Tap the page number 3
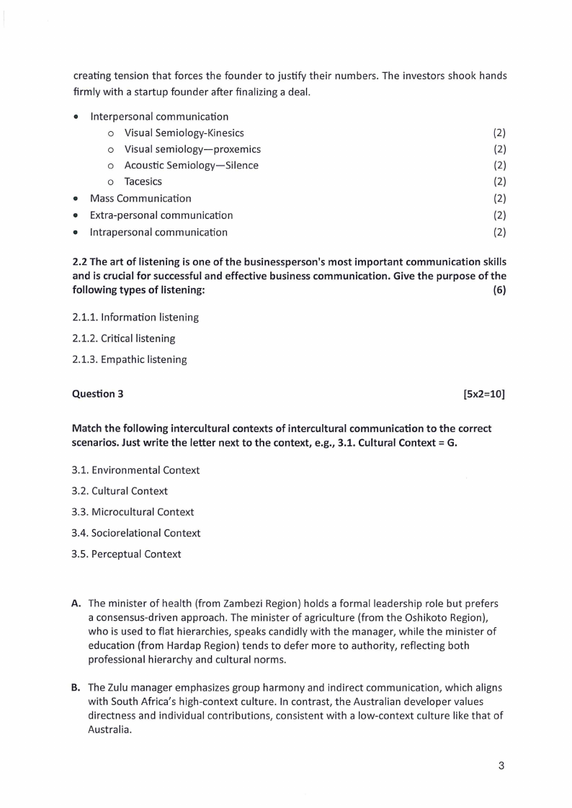[501, 766]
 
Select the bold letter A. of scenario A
[76, 603]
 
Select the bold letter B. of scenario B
[76, 687]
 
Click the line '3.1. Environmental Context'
[135, 470]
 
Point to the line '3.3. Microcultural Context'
[133, 512]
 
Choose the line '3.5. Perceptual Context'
[126, 554]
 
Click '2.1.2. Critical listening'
[123, 338]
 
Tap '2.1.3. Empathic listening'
[129, 359]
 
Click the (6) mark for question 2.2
[499, 289]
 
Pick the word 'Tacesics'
[143, 181]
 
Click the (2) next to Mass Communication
[499, 198]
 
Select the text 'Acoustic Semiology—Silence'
[191, 166]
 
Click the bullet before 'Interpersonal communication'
[76, 117]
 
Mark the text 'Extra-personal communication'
[161, 215]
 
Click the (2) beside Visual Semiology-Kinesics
[499, 133]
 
